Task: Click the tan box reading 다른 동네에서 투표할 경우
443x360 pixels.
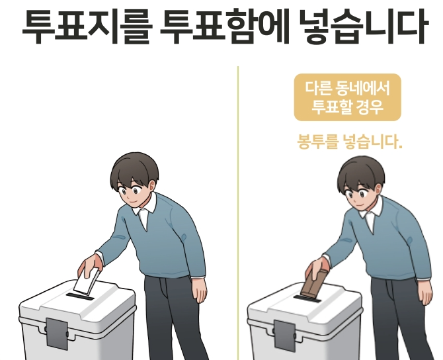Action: [347, 97]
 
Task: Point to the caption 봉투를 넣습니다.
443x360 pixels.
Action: [347, 142]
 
